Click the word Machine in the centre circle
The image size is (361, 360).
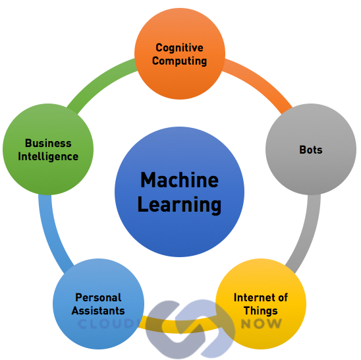point(179,180)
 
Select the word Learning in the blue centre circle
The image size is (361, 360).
point(179,205)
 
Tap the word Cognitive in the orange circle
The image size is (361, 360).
point(180,48)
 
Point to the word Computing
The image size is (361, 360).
point(180,61)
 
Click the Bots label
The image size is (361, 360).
point(311,150)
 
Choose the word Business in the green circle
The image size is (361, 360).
point(48,143)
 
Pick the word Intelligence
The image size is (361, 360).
point(48,157)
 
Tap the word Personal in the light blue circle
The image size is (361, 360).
point(98,297)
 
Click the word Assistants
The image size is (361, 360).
point(98,311)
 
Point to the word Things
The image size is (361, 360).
point(261,311)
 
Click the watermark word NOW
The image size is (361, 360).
point(262,323)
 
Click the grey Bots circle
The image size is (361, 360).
point(311,150)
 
